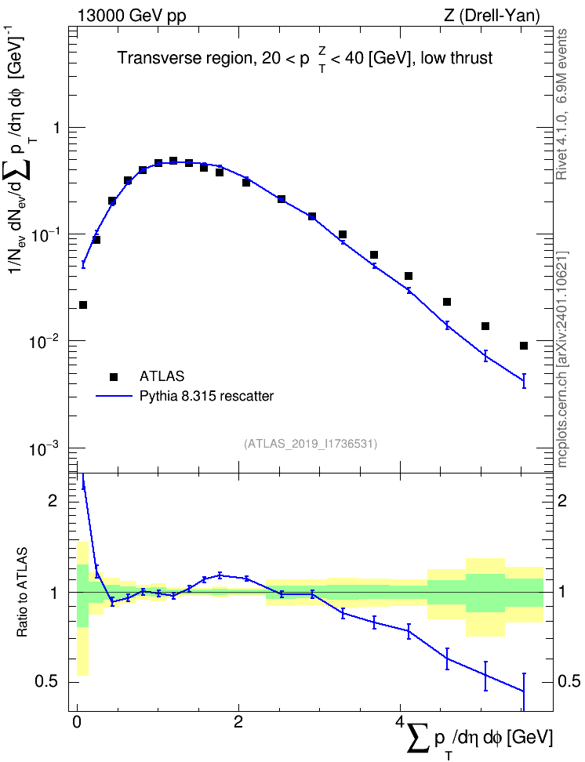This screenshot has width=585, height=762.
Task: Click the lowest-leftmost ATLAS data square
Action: tap(83, 305)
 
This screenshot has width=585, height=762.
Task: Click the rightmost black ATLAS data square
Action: tap(524, 346)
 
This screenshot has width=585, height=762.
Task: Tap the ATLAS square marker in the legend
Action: tap(114, 376)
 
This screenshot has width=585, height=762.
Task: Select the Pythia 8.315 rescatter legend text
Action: tap(207, 396)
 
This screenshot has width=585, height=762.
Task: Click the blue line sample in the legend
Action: tap(114, 396)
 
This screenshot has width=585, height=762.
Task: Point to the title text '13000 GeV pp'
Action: tap(131, 16)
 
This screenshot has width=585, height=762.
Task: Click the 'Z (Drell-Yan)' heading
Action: tap(492, 16)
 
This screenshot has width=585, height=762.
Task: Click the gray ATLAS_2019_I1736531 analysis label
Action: tap(311, 444)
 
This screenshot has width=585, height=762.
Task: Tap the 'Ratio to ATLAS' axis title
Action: tap(22, 593)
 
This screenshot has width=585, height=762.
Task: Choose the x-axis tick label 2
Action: tap(238, 722)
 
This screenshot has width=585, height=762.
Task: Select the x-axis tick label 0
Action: tap(76, 722)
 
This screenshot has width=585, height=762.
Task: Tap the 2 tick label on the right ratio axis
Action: tap(562, 500)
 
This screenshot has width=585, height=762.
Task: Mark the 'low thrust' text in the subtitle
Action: tap(456, 58)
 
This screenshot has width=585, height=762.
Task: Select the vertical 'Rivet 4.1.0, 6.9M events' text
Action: tap(561, 104)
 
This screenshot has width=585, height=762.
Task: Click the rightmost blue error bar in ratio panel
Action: tap(524, 691)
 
